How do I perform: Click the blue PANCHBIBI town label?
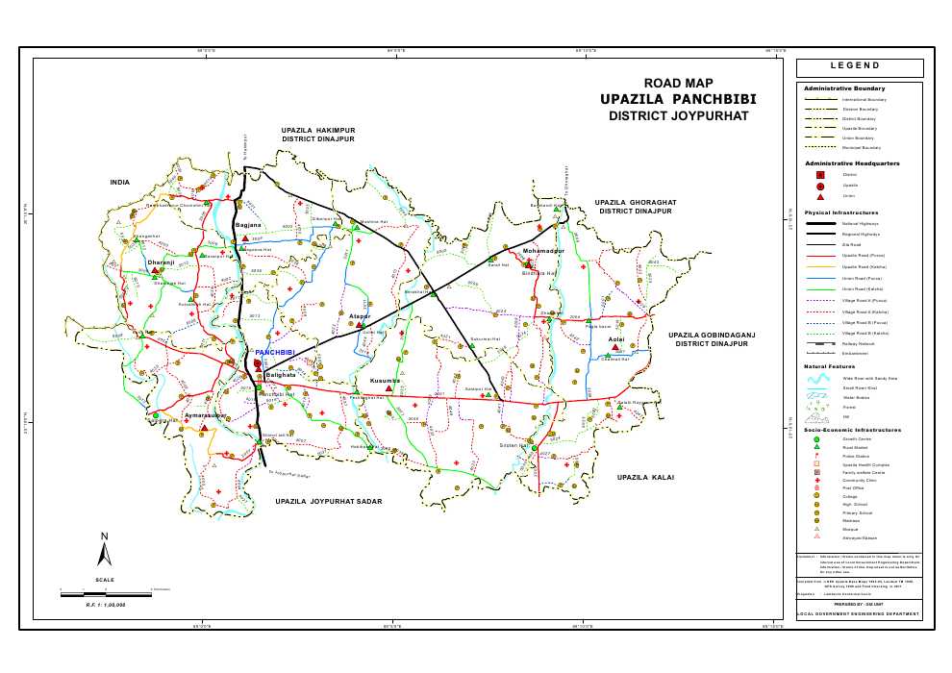274,353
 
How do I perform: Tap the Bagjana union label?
248,226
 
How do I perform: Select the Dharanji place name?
161,262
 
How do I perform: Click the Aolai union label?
617,339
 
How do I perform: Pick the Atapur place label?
360,315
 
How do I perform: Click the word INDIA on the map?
119,182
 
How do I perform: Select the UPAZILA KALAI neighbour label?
646,477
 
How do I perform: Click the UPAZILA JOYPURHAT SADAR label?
329,502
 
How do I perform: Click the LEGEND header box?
860,66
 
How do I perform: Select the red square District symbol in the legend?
819,175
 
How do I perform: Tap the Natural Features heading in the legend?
830,367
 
